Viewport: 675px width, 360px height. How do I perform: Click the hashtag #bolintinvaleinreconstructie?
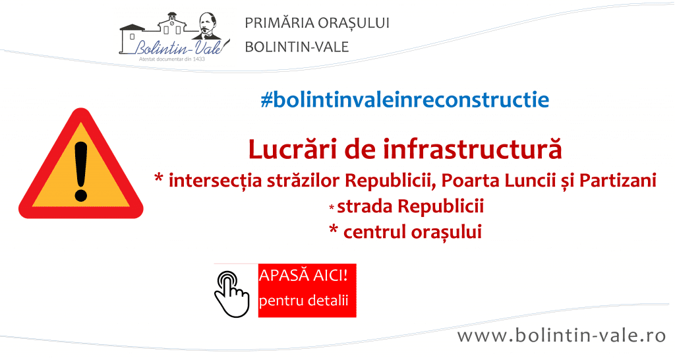(x=405, y=100)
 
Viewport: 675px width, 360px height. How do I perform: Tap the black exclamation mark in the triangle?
(x=81, y=171)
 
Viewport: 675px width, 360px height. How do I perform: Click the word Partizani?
(x=618, y=181)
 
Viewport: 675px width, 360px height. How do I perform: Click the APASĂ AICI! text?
(x=303, y=274)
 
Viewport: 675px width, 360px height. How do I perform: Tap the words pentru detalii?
(x=303, y=300)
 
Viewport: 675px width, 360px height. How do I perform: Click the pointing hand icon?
(x=231, y=294)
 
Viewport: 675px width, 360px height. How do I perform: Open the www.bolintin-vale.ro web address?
(x=562, y=336)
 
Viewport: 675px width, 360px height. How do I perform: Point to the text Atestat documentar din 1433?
(x=172, y=59)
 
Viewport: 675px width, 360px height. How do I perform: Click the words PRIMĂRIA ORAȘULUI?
(x=317, y=23)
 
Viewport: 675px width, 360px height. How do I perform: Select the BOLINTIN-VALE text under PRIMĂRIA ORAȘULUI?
(x=297, y=47)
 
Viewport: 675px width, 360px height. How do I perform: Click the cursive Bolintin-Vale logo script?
(x=179, y=47)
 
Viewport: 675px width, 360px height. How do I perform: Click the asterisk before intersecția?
(x=159, y=178)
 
